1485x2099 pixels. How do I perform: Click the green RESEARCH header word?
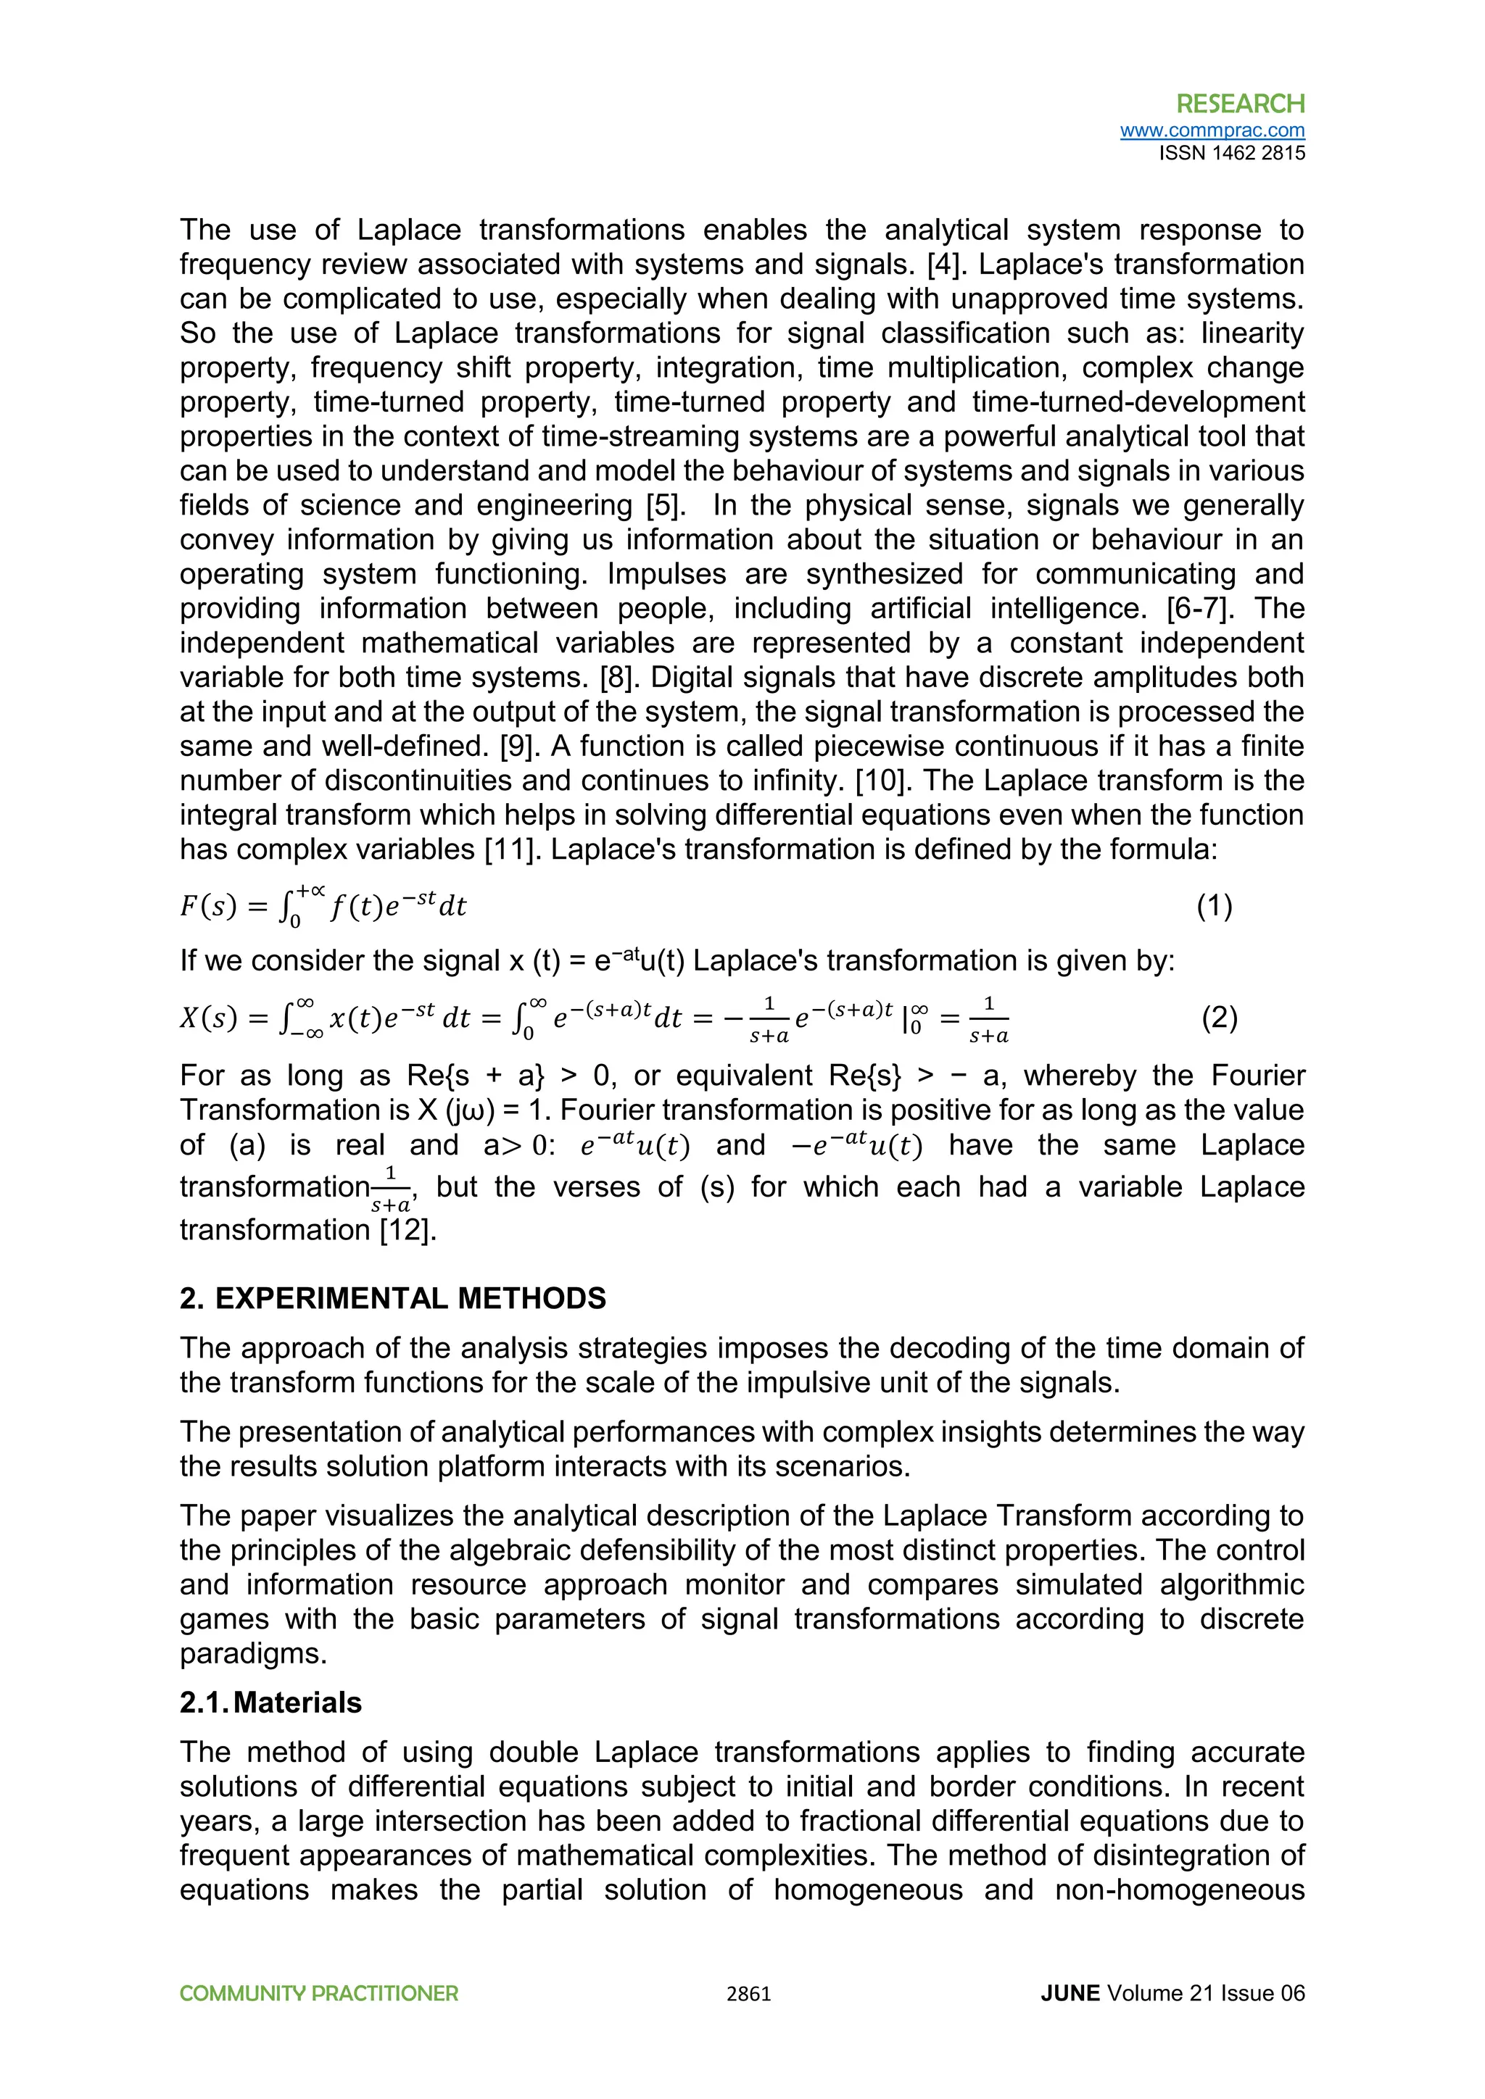pyautogui.click(x=1240, y=104)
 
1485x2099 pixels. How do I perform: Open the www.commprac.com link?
pyautogui.click(x=1212, y=130)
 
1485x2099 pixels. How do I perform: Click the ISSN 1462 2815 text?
pyautogui.click(x=1232, y=154)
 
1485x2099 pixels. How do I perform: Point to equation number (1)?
pyautogui.click(x=1215, y=906)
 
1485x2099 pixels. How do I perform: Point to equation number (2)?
pyautogui.click(x=1219, y=1018)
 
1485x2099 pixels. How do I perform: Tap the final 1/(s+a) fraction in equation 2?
pyautogui.click(x=988, y=1019)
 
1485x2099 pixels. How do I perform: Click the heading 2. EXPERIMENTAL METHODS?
pyautogui.click(x=392, y=1298)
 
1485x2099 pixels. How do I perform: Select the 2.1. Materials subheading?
pyautogui.click(x=270, y=1703)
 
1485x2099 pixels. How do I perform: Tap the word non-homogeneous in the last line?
pyautogui.click(x=1180, y=1890)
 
